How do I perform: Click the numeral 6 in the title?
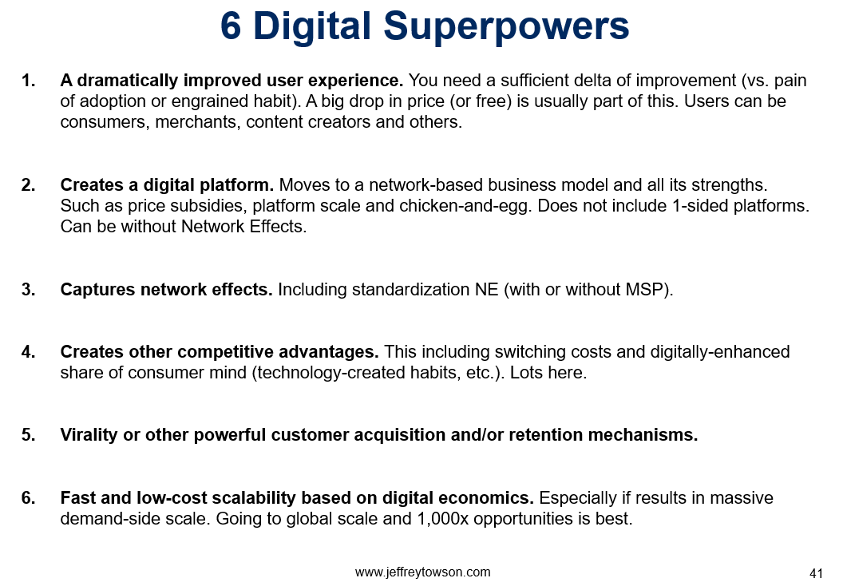click(231, 26)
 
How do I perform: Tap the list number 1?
click(28, 81)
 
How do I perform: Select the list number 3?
click(28, 290)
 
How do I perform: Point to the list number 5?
click(28, 435)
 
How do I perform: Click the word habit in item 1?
click(271, 101)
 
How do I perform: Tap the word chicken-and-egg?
click(465, 206)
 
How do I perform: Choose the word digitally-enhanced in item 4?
click(720, 352)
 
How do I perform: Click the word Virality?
click(89, 435)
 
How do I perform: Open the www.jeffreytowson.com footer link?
click(422, 572)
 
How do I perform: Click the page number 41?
click(816, 573)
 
